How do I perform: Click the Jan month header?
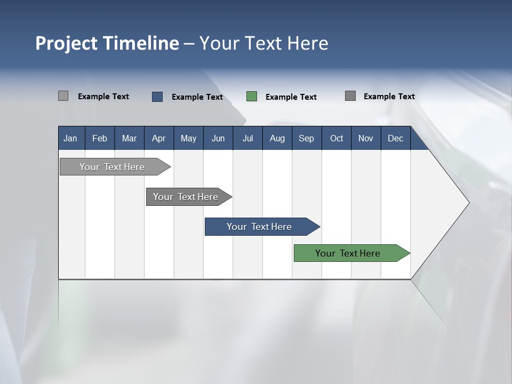click(70, 138)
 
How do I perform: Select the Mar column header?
click(129, 138)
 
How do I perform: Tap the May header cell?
click(188, 138)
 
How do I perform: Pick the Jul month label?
click(247, 138)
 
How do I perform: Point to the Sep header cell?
click(306, 138)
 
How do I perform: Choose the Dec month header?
click(395, 138)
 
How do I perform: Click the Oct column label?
click(337, 138)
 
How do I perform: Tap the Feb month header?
click(100, 138)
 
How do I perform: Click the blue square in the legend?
click(157, 97)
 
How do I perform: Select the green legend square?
click(252, 97)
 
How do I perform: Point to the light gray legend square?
click(63, 96)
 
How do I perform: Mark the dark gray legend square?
click(350, 96)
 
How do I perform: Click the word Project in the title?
click(67, 43)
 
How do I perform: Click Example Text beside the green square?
click(291, 97)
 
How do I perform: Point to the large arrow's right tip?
click(468, 203)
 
